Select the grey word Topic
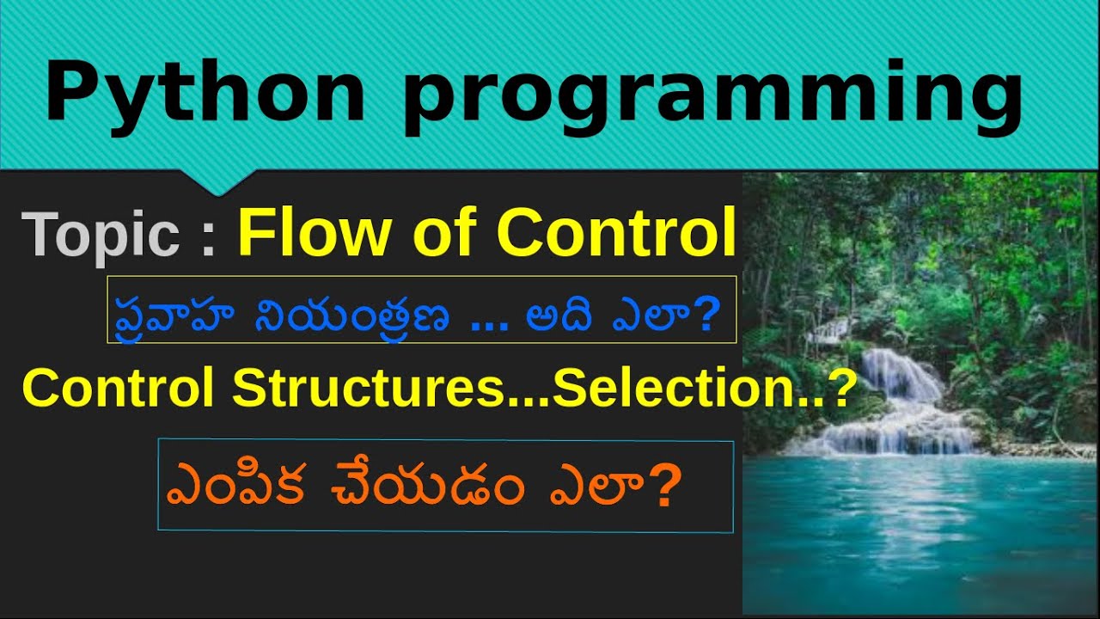(x=101, y=234)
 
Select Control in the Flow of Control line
(x=616, y=232)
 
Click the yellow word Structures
(x=367, y=389)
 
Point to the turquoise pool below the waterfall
(x=920, y=524)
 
